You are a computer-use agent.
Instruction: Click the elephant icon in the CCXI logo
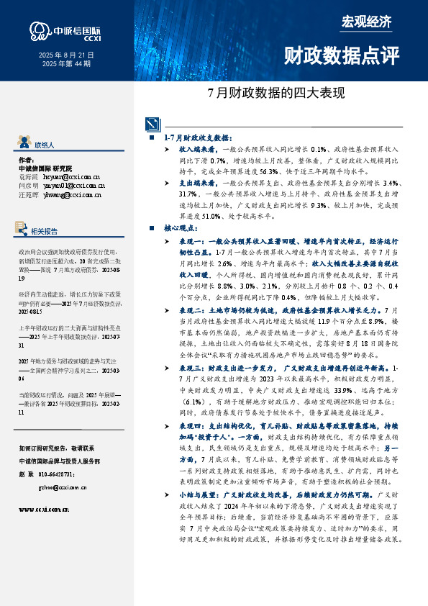(x=37, y=30)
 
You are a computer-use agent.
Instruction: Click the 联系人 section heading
(x=45, y=145)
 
